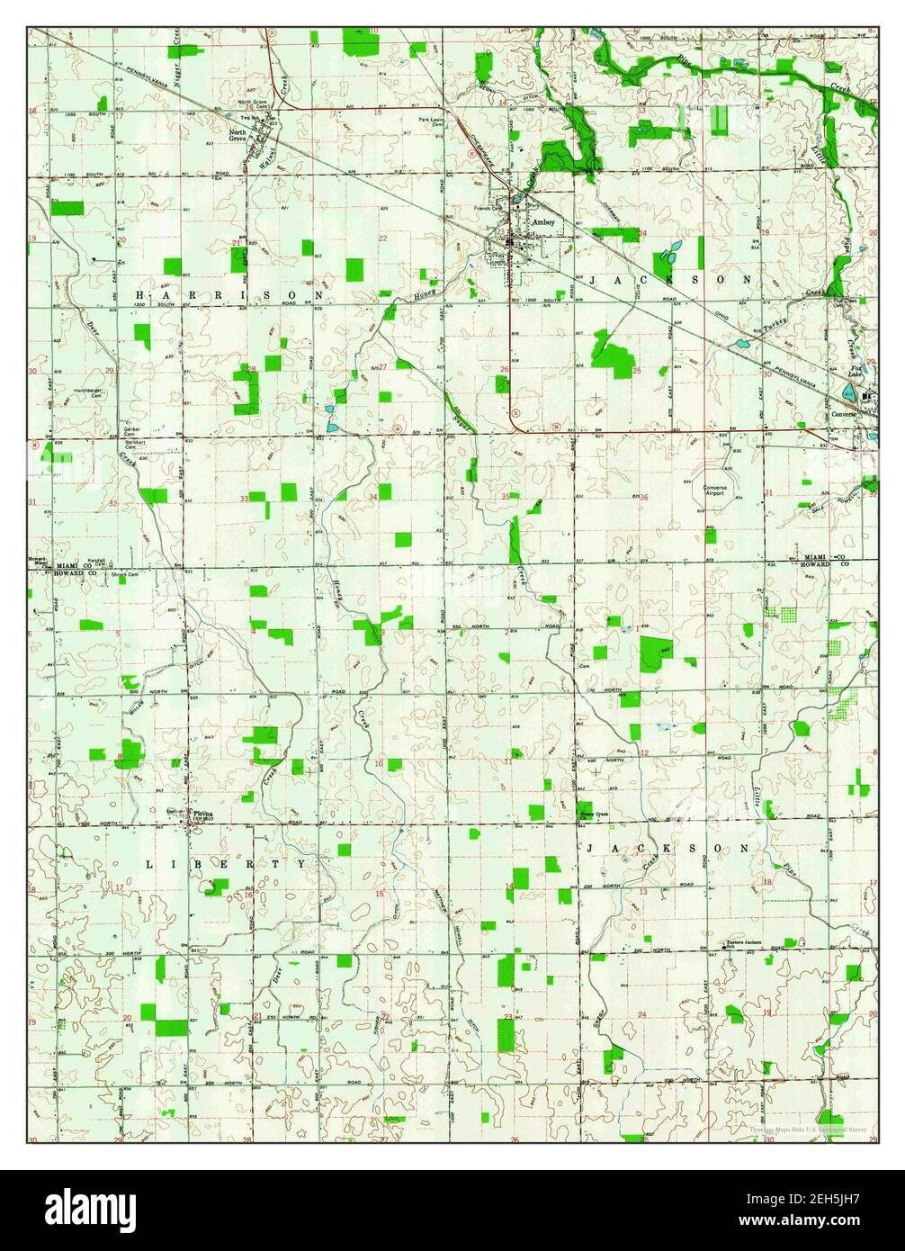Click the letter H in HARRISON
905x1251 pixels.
140,295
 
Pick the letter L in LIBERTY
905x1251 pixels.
149,863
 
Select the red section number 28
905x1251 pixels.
252,369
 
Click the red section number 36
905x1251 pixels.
644,497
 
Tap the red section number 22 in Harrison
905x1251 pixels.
382,238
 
